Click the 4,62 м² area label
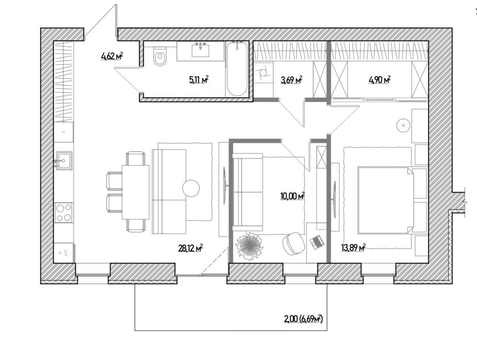coord(112,56)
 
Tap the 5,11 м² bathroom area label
coord(199,80)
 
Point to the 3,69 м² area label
coord(291,80)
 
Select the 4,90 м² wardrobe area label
coord(379,80)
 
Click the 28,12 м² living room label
coord(190,248)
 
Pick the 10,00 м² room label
coord(292,196)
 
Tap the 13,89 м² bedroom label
coord(353,248)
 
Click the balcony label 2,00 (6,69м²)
coord(303,319)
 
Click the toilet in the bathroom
coord(160,56)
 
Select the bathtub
coord(237,69)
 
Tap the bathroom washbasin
coord(200,50)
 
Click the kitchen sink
coord(64,160)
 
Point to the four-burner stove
coord(64,212)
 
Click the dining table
coord(136,192)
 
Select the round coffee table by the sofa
coord(191,188)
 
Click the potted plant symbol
coord(250,246)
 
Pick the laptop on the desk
coord(316,242)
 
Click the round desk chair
coord(294,243)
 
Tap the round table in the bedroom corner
coord(403,125)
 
